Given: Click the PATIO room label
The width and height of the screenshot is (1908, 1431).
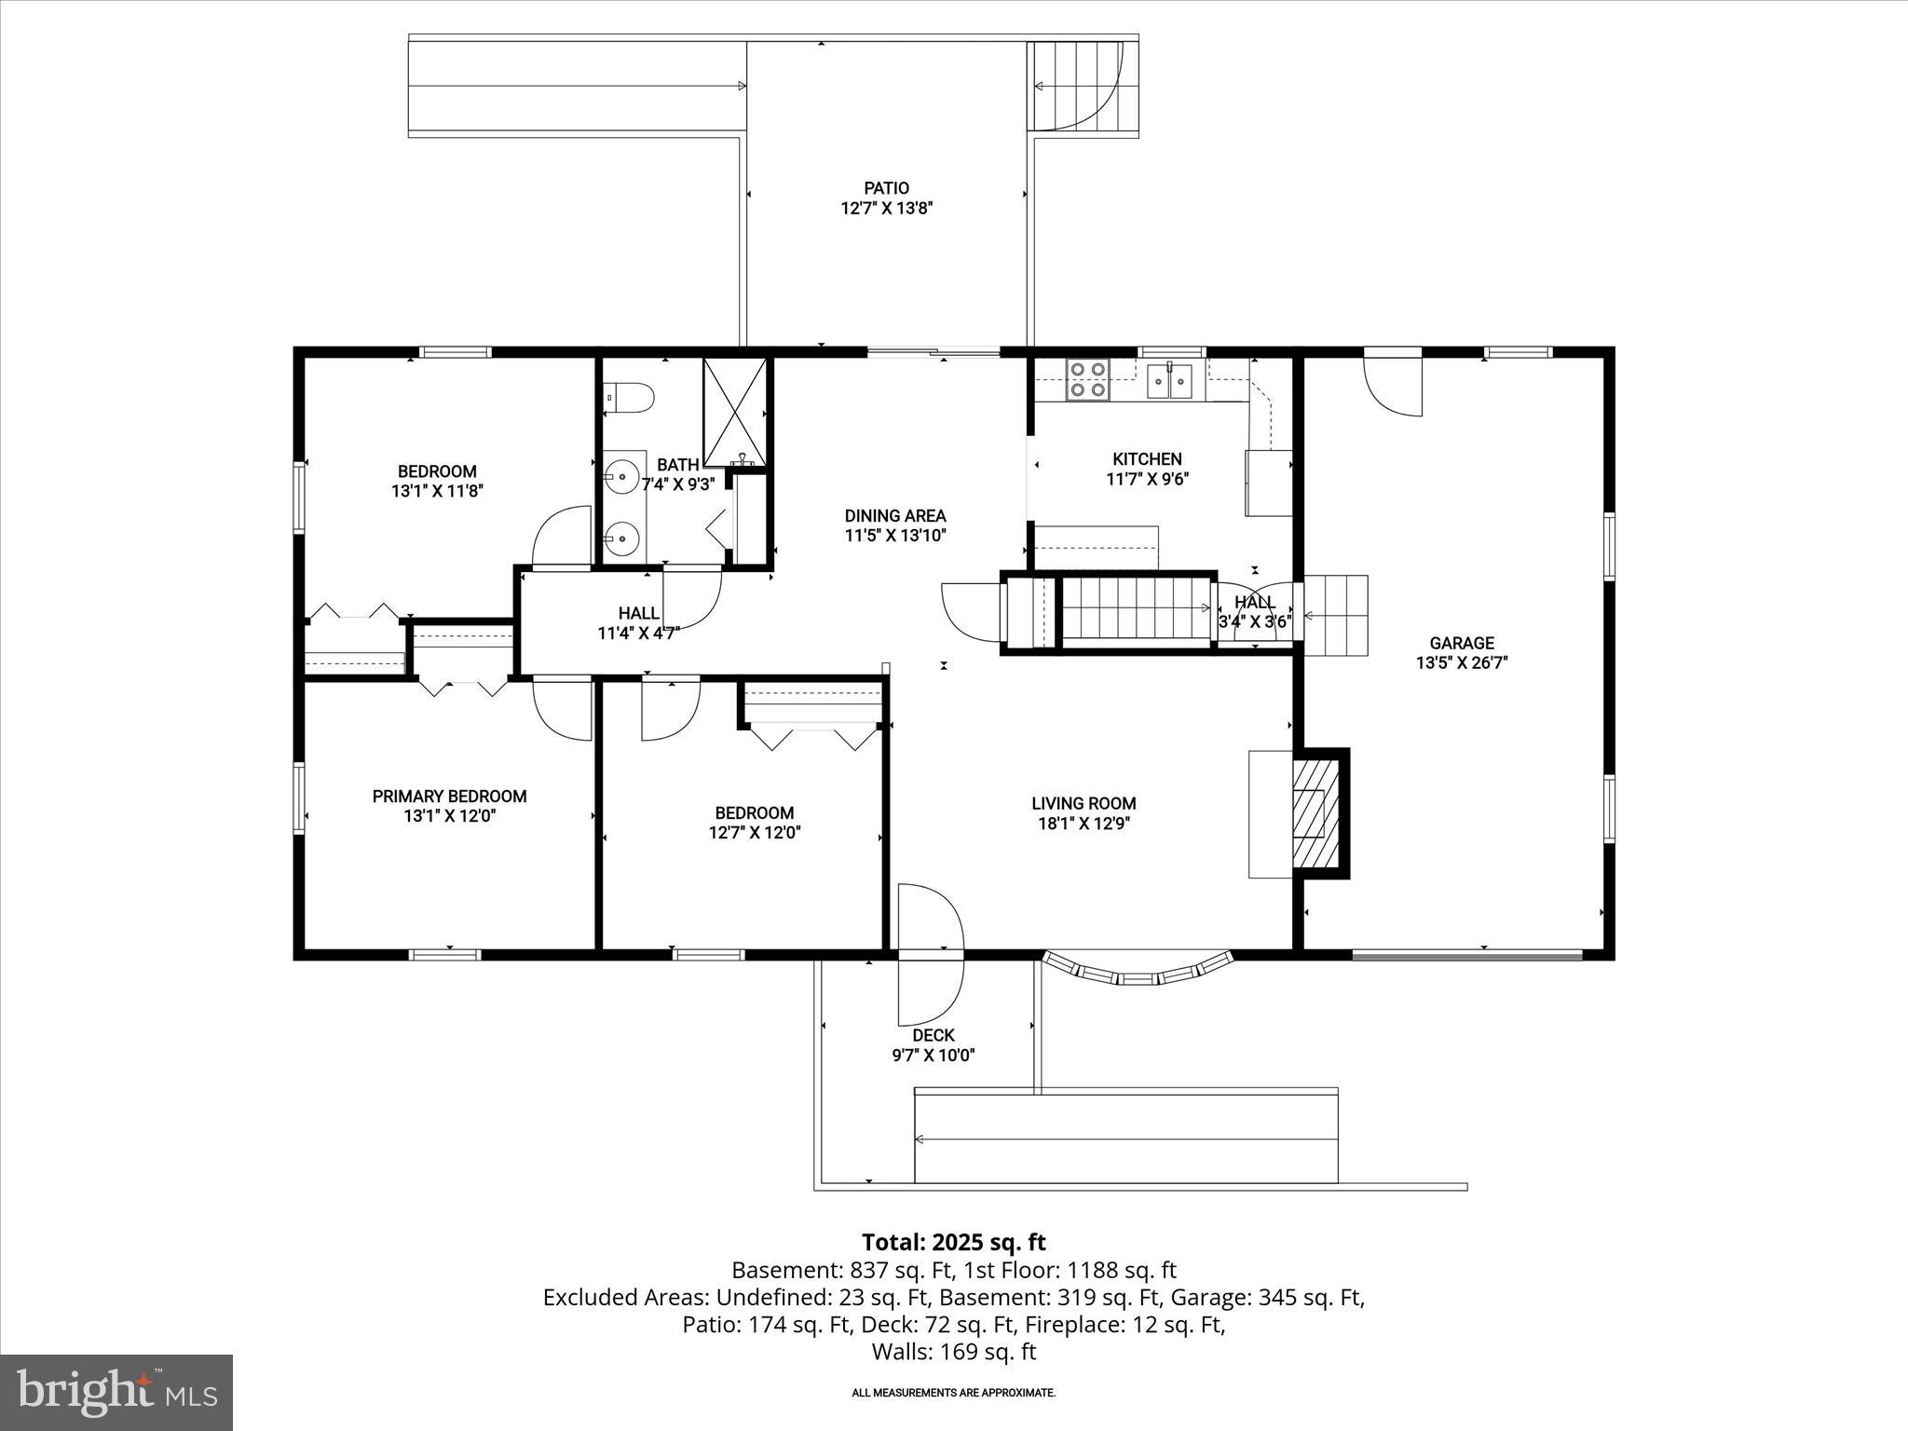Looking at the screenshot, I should pyautogui.click(x=886, y=188).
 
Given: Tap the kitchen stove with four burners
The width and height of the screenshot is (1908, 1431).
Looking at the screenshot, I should pyautogui.click(x=1087, y=380).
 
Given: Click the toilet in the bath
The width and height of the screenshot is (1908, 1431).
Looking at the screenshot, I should pyautogui.click(x=631, y=397).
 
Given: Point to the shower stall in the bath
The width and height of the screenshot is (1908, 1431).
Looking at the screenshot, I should pyautogui.click(x=735, y=412).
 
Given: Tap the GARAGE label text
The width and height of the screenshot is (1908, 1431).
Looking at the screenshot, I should pyautogui.click(x=1461, y=643).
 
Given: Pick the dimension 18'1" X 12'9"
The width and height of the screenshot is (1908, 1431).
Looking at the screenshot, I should pyautogui.click(x=1083, y=824).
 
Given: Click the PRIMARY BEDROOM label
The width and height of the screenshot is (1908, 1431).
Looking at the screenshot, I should pyautogui.click(x=449, y=796).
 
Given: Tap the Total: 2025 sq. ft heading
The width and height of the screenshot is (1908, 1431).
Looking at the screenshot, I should pyautogui.click(x=953, y=1242).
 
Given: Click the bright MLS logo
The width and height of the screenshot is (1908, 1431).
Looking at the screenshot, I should pyautogui.click(x=116, y=1392).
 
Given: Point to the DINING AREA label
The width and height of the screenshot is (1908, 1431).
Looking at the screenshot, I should pyautogui.click(x=894, y=515).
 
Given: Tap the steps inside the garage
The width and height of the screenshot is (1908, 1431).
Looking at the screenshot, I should pyautogui.click(x=1335, y=615).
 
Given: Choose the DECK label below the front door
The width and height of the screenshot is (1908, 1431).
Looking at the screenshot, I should pyautogui.click(x=933, y=1035).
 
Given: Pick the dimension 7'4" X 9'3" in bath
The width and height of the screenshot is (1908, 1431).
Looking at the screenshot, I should pyautogui.click(x=677, y=484).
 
